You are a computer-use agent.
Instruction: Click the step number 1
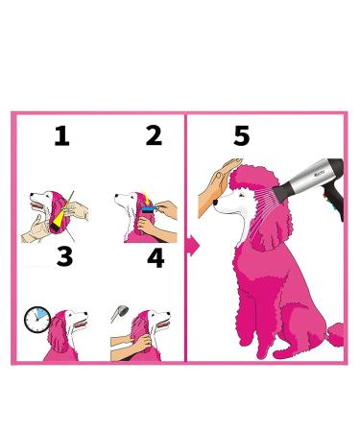61,136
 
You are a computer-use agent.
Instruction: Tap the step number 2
154,135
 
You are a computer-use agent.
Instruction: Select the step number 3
65,256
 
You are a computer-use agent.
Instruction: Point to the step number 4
156,258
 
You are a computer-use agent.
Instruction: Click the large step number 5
242,135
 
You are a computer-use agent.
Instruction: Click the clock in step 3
37,320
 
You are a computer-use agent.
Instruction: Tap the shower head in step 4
120,314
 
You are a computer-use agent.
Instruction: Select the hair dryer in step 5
310,184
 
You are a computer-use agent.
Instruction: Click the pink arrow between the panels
193,246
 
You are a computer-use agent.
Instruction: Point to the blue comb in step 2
150,209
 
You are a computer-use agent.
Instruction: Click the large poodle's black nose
216,202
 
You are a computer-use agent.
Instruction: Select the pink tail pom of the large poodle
335,334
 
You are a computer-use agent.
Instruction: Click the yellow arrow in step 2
146,198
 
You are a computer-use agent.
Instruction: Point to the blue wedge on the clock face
41,314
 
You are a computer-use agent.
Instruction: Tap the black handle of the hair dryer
335,200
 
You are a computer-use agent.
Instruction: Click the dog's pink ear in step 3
59,333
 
